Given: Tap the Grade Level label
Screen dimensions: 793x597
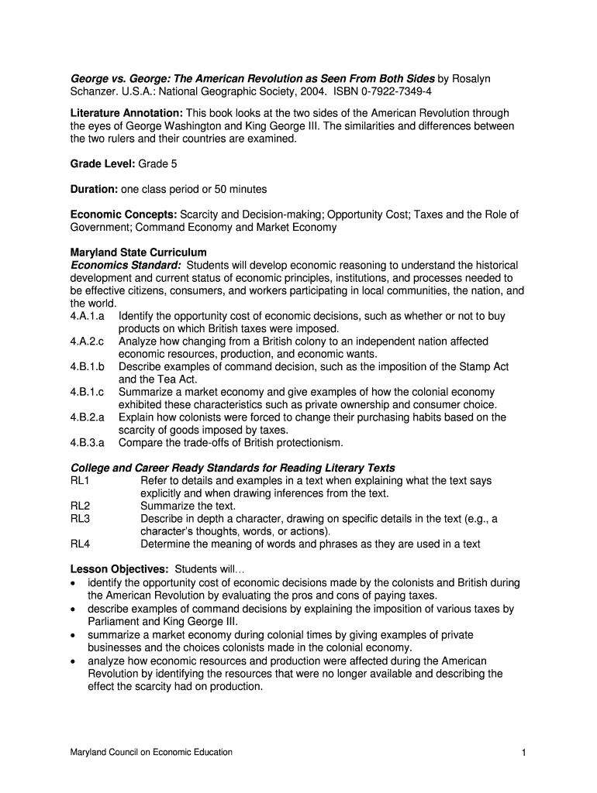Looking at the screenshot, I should [x=102, y=164].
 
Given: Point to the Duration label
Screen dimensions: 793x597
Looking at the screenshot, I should [x=94, y=189].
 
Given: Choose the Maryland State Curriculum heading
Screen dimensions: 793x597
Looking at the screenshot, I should [x=139, y=252].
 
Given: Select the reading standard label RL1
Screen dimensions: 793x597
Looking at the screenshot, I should [x=80, y=481].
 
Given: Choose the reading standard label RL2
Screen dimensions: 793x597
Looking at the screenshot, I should [x=80, y=506].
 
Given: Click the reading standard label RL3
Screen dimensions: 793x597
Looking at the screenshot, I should [x=80, y=519].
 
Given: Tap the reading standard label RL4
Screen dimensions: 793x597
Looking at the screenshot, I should [x=80, y=544].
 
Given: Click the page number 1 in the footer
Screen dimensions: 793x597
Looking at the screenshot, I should [x=525, y=752].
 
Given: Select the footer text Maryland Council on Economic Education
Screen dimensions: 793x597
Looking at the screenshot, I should [x=151, y=752].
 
